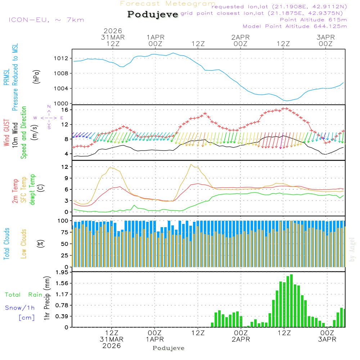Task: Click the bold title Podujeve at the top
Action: coord(153,14)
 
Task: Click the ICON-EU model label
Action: coord(46,20)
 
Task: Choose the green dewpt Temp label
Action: coord(33,190)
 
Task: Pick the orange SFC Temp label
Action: coord(24,190)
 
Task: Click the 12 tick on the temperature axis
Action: coord(65,167)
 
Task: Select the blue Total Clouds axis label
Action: coord(6,244)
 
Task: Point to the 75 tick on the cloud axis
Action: coord(65,232)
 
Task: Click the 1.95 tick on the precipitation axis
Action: coord(62,273)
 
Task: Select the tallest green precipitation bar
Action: coord(291,301)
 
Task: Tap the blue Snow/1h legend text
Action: coord(20,308)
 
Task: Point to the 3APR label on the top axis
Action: coord(325,37)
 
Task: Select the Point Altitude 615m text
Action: coord(313,19)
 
